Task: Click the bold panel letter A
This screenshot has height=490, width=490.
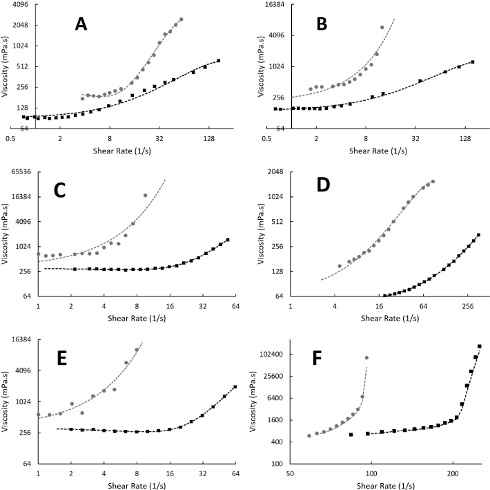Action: coord(81,24)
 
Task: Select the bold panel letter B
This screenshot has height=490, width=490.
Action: coord(322,24)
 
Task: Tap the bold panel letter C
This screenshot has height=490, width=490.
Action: coord(59,190)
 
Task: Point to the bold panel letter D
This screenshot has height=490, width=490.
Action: coord(323,185)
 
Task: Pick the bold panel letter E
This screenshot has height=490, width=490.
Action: coord(61,359)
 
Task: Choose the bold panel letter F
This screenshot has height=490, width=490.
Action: coord(317,359)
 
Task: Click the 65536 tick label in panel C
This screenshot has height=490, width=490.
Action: coord(21,172)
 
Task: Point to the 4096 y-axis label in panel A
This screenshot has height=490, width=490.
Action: coord(21,4)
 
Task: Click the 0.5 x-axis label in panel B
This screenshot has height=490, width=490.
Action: coord(266,139)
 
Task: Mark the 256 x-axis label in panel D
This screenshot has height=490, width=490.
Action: coord(467,306)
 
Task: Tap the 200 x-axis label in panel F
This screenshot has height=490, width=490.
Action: coord(453,473)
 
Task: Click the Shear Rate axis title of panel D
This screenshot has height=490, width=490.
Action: coord(390,318)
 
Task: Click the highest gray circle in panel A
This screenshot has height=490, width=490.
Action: coord(182,19)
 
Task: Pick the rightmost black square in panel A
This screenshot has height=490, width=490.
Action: coord(219,61)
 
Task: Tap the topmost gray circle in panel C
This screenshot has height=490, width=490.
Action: coord(146,196)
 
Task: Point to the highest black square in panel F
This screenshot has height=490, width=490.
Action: coord(480,346)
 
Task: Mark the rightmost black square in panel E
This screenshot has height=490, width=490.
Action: coord(235,387)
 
